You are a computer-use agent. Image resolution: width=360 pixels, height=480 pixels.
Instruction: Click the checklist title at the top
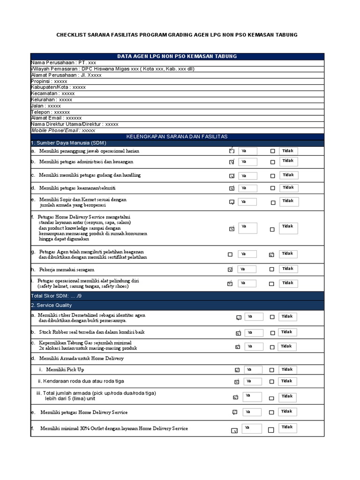[x=177, y=35]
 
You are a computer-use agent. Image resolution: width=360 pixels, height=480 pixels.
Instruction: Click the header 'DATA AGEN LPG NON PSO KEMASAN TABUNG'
[x=177, y=56]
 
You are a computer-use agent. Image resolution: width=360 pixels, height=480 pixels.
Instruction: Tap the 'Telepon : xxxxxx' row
[x=50, y=112]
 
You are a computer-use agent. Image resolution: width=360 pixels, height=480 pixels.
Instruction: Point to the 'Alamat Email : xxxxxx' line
[x=56, y=118]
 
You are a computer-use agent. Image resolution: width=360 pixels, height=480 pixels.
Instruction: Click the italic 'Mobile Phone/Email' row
[x=63, y=130]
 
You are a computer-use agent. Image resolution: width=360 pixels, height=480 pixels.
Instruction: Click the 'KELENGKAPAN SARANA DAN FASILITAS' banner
[x=177, y=136]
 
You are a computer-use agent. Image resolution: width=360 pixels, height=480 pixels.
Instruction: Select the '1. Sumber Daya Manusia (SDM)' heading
[x=68, y=142]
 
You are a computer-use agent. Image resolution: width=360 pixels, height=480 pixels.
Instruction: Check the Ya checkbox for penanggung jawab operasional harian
[x=232, y=151]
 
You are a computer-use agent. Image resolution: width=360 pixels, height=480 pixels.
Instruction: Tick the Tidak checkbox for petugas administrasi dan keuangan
[x=272, y=162]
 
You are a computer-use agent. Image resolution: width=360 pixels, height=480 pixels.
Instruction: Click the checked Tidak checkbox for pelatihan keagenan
[x=271, y=255]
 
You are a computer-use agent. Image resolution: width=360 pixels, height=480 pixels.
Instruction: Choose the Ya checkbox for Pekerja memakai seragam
[x=230, y=270]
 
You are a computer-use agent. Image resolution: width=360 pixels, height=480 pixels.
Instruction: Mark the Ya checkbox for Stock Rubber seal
[x=238, y=333]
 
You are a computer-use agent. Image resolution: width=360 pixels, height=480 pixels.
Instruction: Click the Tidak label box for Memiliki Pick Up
[x=287, y=369]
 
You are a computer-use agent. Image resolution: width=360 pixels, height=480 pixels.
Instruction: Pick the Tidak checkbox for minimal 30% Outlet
[x=271, y=430]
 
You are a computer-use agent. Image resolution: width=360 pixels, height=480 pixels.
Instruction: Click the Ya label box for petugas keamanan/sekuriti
[x=247, y=188]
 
